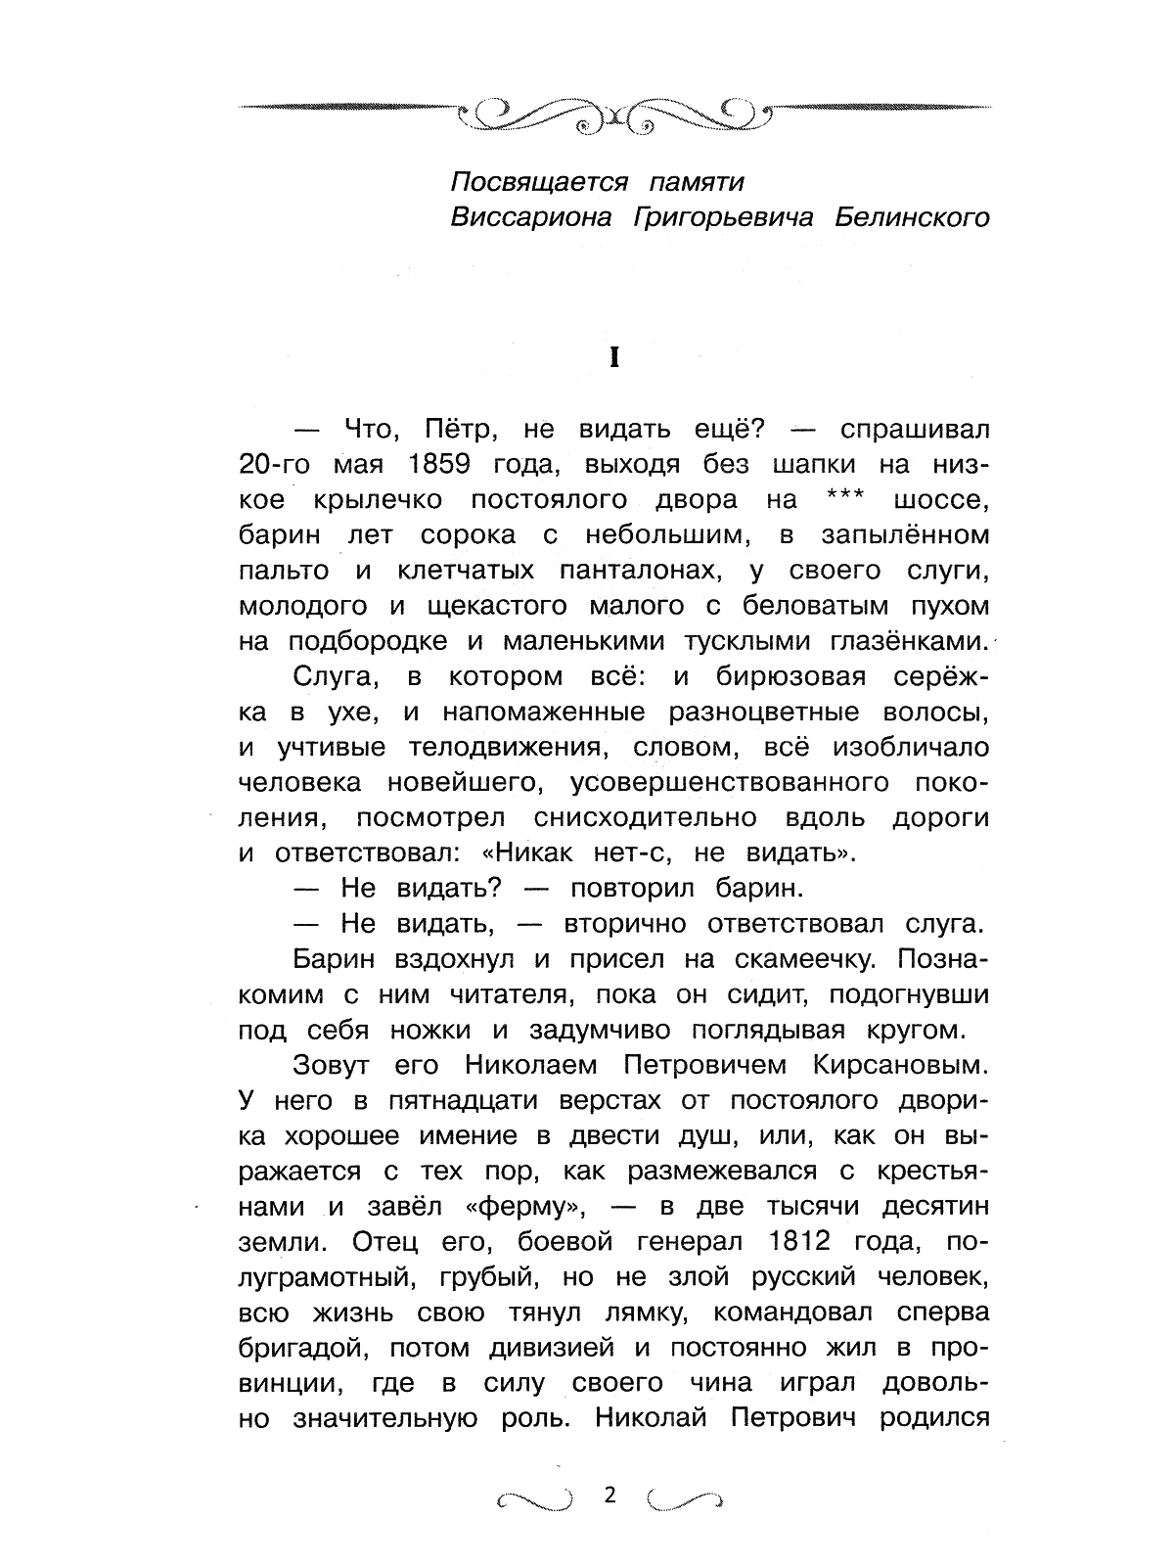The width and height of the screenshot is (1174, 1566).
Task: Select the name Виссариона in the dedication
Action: [530, 217]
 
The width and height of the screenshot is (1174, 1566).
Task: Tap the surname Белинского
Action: [912, 217]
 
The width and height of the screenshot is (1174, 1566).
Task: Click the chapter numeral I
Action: [613, 358]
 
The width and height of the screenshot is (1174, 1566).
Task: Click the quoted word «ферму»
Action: [527, 1206]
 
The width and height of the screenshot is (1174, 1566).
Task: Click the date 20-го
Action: [281, 465]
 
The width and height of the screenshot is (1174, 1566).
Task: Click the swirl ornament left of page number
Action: [532, 1497]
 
